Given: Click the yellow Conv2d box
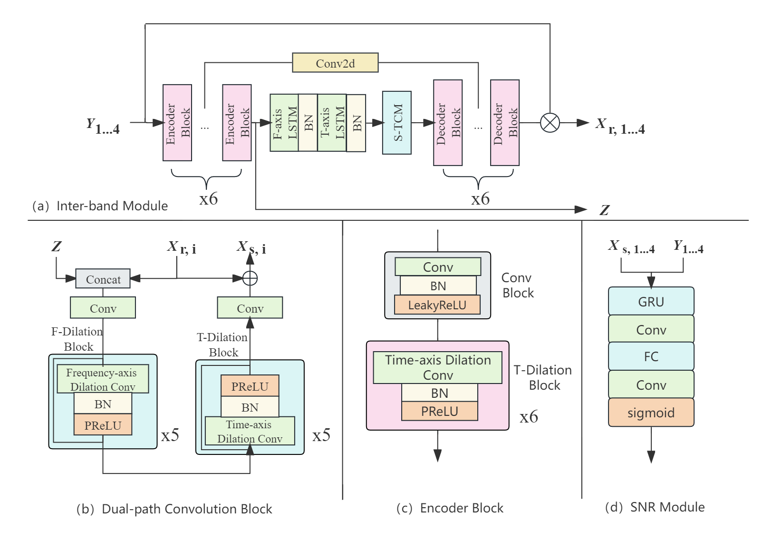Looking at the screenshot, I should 335,63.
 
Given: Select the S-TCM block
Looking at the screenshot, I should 397,123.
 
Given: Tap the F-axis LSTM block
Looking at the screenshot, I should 284,123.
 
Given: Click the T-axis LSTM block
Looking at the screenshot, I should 332,123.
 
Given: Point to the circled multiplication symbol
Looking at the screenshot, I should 550,123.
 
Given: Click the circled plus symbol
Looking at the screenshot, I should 250,278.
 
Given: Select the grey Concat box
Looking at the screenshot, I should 103,279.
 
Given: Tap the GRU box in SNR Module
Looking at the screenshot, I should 651,302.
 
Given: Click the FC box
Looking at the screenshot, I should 651,356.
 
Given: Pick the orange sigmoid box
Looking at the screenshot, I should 651,413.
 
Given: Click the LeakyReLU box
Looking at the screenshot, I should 437,305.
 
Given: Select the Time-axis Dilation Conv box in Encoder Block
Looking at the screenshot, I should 438,367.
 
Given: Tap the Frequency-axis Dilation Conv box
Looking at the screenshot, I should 103,379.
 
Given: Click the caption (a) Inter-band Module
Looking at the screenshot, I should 100,206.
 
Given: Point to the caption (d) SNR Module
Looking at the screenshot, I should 655,507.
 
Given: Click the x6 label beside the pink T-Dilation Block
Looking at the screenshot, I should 529,417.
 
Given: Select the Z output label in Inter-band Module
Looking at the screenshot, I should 604,210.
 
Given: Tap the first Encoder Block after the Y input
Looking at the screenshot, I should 177,123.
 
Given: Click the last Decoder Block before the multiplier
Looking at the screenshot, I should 505,123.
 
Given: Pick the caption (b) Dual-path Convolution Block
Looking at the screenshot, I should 174,509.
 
